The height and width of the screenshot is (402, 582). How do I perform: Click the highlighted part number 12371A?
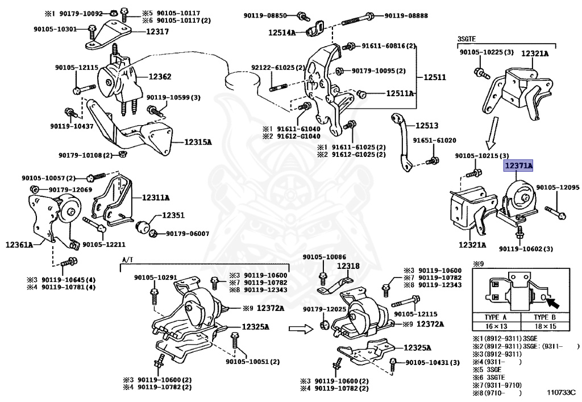pos(517,165)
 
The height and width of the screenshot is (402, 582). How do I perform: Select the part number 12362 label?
pos(160,76)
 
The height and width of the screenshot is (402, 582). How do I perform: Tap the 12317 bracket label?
pos(157,32)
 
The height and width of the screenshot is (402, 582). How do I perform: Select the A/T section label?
pos(127,260)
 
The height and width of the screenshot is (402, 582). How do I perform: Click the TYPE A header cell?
pos(495,316)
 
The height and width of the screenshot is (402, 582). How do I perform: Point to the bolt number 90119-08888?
pos(406,15)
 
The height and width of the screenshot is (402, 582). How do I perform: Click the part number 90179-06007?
pos(187,233)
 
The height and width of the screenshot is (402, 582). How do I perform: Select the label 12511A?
pos(401,93)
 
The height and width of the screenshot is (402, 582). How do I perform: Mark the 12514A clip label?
pos(282,33)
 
